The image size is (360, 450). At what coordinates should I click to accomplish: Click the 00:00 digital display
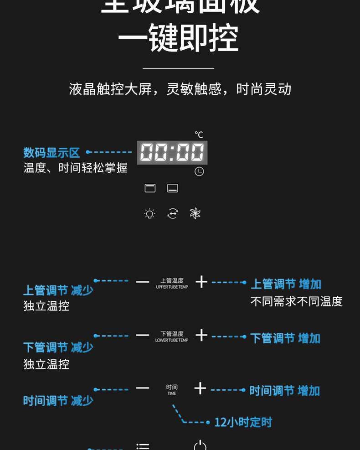pyautogui.click(x=172, y=152)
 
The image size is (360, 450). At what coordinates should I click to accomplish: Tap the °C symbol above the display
pyautogui.click(x=199, y=134)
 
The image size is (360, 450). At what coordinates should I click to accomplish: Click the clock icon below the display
pyautogui.click(x=199, y=171)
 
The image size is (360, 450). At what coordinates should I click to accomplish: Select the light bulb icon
pyautogui.click(x=149, y=213)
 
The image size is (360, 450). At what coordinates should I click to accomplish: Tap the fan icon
pyautogui.click(x=195, y=213)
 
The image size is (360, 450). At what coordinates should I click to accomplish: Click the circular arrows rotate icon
pyautogui.click(x=173, y=213)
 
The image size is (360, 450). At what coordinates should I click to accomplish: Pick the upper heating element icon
pyautogui.click(x=150, y=188)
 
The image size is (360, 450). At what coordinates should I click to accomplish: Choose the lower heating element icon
pyautogui.click(x=173, y=188)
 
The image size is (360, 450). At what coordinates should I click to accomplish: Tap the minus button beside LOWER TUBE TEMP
pyautogui.click(x=143, y=336)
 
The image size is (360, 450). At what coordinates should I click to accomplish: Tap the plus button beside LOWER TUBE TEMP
pyautogui.click(x=201, y=336)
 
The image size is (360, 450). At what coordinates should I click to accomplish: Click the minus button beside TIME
pyautogui.click(x=143, y=388)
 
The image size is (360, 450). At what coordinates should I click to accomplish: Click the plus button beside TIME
pyautogui.click(x=200, y=388)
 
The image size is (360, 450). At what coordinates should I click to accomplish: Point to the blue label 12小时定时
pyautogui.click(x=243, y=422)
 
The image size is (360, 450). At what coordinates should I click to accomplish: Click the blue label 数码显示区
pyautogui.click(x=51, y=153)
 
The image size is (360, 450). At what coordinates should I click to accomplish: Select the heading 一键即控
pyautogui.click(x=178, y=38)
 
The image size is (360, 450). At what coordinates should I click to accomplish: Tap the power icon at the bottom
pyautogui.click(x=200, y=445)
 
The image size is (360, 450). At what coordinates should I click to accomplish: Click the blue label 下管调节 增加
pyautogui.click(x=285, y=338)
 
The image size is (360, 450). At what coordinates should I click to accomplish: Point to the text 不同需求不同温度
pyautogui.click(x=296, y=301)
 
